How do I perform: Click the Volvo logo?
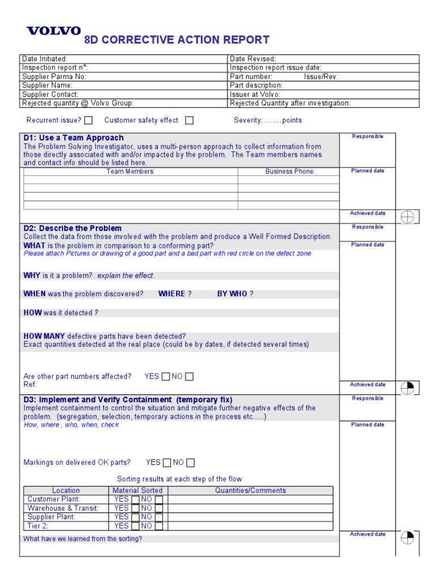[x=54, y=31]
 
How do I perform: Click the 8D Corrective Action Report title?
[x=177, y=40]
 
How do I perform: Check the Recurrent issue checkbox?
[x=89, y=120]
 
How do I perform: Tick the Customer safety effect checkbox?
[x=190, y=120]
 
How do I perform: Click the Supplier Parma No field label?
[x=54, y=77]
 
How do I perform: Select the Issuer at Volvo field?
[x=255, y=95]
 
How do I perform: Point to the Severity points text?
[x=268, y=120]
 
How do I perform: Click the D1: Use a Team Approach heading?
[x=73, y=138]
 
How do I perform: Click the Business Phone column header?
[x=290, y=171]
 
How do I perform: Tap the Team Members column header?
[x=131, y=171]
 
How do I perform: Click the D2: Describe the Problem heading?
[x=72, y=228]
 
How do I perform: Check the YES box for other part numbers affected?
[x=166, y=376]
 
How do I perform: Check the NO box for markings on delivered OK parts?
[x=191, y=462]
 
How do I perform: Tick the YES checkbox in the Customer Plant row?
[x=135, y=500]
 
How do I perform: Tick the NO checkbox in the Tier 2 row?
[x=159, y=526]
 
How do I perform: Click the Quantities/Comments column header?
[x=250, y=491]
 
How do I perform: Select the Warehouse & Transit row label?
[x=63, y=508]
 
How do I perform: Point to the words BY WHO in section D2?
[x=232, y=294]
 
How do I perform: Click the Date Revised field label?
[x=253, y=59]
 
